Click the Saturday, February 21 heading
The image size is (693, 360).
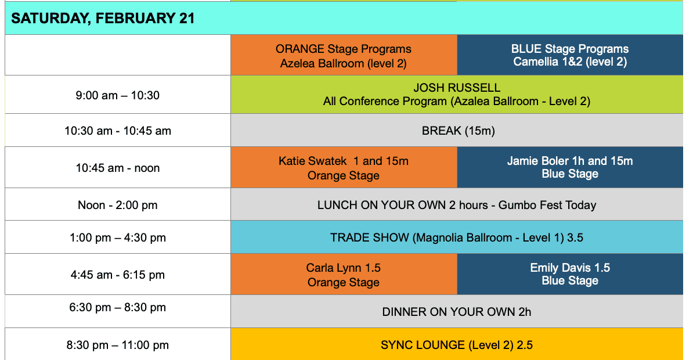(103, 19)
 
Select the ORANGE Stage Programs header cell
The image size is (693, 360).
(344, 56)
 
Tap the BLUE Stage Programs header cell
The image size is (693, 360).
(570, 56)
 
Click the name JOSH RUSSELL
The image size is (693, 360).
(457, 88)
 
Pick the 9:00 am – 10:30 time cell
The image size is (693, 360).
(117, 95)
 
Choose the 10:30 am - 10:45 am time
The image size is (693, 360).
(118, 131)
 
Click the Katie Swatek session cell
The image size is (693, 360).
(344, 168)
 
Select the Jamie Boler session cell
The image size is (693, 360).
(570, 167)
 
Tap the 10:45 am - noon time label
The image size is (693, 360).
(118, 168)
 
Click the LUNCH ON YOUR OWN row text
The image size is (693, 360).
(457, 205)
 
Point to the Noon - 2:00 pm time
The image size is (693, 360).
(118, 205)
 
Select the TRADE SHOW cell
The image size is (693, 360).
(457, 237)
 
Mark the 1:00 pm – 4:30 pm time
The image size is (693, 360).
(118, 237)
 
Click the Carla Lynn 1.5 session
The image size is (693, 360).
(344, 275)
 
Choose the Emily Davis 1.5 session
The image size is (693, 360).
(570, 274)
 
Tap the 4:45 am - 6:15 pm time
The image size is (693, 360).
(118, 275)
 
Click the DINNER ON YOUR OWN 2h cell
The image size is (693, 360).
(457, 312)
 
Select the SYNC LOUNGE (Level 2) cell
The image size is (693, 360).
(457, 345)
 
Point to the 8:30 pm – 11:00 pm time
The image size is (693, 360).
(118, 345)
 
